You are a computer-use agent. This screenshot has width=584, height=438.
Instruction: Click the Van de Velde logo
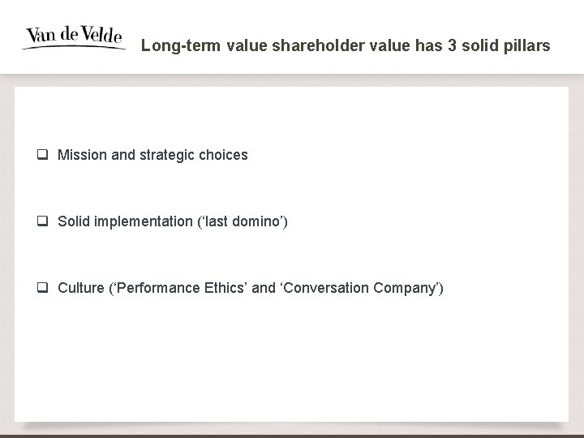74,37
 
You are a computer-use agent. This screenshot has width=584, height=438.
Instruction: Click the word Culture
79,288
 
